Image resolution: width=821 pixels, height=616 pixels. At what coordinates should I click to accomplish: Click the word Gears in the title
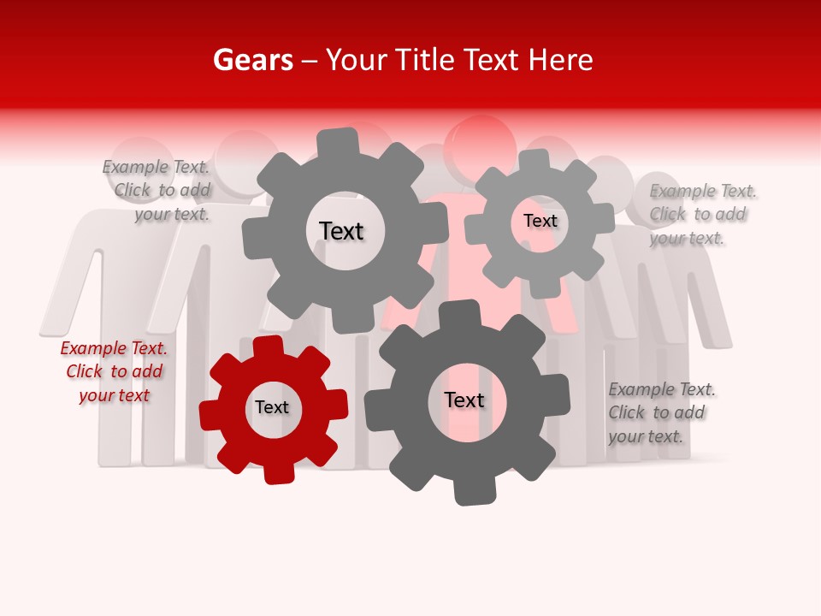point(252,60)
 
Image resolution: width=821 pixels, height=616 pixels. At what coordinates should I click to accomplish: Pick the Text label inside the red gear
point(272,408)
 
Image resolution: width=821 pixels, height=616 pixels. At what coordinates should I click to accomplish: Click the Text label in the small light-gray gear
point(540,221)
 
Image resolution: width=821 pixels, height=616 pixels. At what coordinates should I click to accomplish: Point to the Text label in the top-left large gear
point(341,231)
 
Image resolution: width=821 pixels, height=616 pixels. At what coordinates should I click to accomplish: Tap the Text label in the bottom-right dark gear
point(464,400)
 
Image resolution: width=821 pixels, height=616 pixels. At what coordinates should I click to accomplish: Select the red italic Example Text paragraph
point(114,371)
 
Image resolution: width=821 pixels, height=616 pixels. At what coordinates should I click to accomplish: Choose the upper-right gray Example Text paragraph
point(701,214)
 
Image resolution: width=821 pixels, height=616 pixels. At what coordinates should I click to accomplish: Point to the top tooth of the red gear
point(269,347)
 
